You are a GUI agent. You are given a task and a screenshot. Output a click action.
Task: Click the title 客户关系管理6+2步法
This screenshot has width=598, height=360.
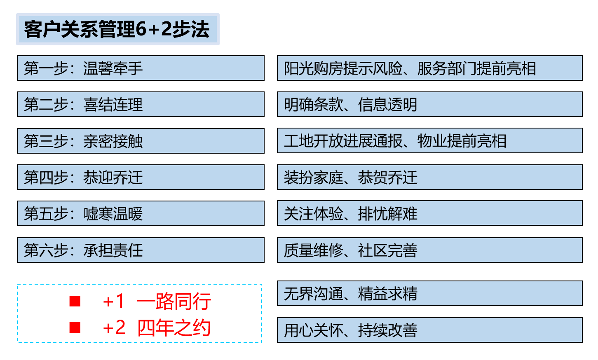click(117, 29)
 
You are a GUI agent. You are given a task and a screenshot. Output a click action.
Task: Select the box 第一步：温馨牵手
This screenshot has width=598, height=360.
click(141, 68)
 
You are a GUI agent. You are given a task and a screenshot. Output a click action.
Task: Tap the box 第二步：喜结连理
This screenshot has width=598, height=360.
click(141, 104)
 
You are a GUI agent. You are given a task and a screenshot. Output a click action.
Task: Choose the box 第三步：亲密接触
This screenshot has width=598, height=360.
click(141, 141)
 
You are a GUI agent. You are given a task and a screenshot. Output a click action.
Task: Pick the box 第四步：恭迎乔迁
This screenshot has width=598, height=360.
click(141, 177)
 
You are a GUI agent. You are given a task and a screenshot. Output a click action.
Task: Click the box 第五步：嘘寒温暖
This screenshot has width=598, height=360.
click(141, 213)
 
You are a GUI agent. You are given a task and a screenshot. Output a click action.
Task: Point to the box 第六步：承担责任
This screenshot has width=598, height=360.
click(141, 250)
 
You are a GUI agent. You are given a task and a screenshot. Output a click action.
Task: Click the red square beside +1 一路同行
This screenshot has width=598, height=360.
click(75, 301)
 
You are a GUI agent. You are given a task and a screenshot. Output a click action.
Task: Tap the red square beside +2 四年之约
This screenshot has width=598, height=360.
click(75, 327)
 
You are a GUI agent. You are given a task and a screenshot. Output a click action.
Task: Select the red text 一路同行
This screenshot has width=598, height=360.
click(174, 301)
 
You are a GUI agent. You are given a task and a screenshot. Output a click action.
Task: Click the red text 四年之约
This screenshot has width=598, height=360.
click(174, 328)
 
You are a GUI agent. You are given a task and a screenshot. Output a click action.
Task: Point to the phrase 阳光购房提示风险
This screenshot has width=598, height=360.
click(343, 68)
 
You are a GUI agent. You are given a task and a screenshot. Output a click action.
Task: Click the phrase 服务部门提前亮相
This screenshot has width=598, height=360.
click(477, 68)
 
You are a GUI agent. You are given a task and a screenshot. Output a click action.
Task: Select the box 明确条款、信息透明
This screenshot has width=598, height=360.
click(430, 104)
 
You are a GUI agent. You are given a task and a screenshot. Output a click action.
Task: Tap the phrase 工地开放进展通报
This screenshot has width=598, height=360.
click(343, 141)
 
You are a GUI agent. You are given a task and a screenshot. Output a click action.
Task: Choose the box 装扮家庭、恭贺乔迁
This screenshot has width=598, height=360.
click(430, 177)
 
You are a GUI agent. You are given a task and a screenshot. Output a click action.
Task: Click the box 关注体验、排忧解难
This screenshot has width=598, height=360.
click(430, 213)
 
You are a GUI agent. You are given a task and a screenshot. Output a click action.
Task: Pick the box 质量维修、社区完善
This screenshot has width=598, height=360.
click(430, 250)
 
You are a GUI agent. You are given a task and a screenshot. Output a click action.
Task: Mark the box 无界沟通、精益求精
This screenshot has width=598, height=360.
click(430, 293)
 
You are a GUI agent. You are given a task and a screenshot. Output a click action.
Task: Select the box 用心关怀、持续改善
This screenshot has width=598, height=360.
click(430, 330)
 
